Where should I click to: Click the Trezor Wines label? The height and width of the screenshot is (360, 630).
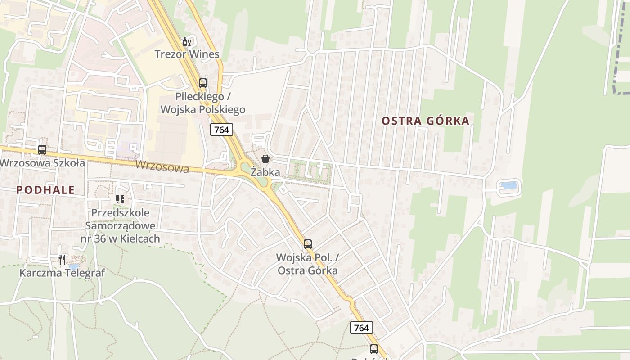coord(187,54)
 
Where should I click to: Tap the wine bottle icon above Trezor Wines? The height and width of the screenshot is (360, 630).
coord(187,42)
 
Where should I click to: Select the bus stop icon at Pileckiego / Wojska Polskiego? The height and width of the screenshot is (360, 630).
coord(203,83)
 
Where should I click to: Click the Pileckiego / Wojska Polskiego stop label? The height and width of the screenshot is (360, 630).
coord(203,103)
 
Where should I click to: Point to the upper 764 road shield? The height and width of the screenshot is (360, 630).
coord(221,130)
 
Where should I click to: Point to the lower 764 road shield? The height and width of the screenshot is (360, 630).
coord(361,328)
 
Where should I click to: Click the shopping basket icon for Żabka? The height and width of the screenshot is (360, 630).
coord(265,159)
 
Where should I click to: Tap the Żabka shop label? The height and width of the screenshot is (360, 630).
coord(265,172)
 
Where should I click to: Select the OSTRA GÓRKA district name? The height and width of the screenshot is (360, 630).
coord(425,121)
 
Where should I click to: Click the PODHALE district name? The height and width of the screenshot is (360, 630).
coord(45,190)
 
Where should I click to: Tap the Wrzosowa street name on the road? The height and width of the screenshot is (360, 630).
coord(162,167)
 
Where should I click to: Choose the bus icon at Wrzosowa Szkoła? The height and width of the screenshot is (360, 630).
coord(42,150)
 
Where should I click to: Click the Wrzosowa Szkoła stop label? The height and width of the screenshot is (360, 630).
coord(42,163)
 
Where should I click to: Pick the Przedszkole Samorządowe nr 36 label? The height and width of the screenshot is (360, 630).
coord(120,225)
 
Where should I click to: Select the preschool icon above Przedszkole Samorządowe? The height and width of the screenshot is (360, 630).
coord(120,198)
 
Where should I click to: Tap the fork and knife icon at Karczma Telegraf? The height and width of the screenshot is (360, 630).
coord(62,259)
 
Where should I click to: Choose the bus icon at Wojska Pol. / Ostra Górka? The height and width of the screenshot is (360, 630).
coord(308,244)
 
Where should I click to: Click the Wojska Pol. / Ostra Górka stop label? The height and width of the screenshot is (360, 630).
coord(307,264)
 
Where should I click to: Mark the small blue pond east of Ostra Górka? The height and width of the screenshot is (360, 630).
coord(509,185)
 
